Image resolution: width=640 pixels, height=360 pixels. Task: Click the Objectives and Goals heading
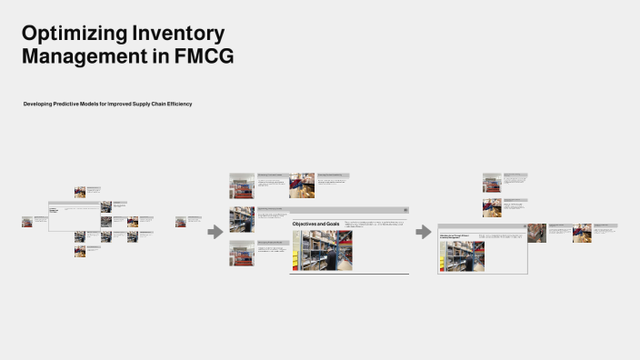pyautogui.click(x=315, y=224)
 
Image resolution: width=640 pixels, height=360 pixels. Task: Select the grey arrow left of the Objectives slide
pyautogui.click(x=215, y=233)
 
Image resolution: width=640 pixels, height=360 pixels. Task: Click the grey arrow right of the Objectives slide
pyautogui.click(x=424, y=233)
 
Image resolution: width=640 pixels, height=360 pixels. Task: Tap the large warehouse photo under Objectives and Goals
pyautogui.click(x=321, y=250)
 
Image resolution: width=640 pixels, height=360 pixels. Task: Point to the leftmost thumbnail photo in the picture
pyautogui.click(x=27, y=221)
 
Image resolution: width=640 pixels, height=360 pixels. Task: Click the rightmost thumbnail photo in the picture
pyautogui.click(x=583, y=233)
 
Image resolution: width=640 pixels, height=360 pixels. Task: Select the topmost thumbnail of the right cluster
pyautogui.click(x=492, y=182)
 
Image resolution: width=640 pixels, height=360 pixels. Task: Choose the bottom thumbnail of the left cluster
pyautogui.click(x=80, y=251)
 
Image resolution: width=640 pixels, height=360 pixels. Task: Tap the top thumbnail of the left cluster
pyautogui.click(x=80, y=192)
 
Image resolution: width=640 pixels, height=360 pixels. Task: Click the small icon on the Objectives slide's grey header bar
pyautogui.click(x=405, y=210)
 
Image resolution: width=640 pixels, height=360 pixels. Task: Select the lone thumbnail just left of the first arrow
pyautogui.click(x=181, y=221)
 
